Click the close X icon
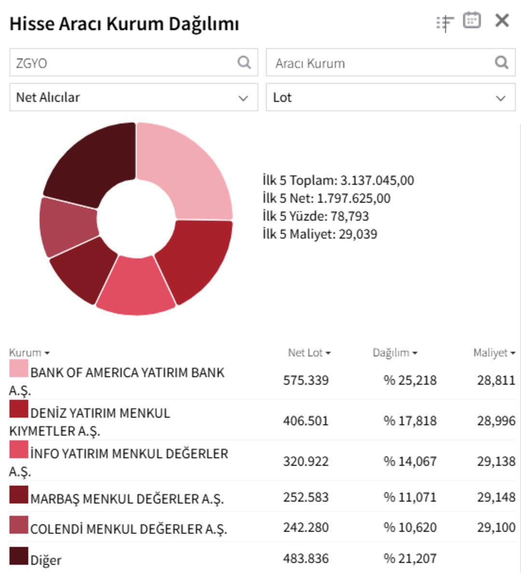502,21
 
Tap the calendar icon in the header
471,21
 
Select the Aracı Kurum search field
381,63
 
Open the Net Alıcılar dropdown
134,97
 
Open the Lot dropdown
390,97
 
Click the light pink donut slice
186,166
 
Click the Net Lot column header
309,353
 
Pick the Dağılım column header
394,353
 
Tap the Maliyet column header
494,353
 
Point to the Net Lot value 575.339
306,380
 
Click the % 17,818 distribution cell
410,421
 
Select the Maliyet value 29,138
496,461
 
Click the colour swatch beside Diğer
19,556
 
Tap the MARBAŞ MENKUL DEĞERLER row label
127,498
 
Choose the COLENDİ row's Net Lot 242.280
306,527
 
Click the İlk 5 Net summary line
327,198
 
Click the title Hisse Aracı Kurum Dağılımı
124,24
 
